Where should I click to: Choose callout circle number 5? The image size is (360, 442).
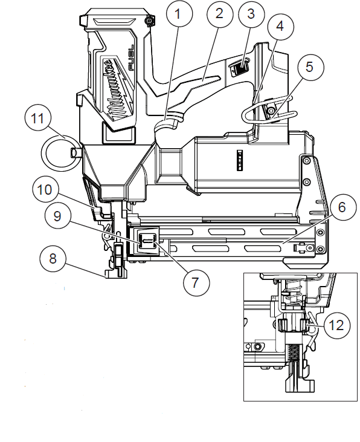pyautogui.click(x=309, y=67)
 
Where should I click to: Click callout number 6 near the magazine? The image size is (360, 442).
pyautogui.click(x=341, y=207)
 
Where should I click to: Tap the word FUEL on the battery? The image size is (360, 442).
pyautogui.click(x=132, y=57)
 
